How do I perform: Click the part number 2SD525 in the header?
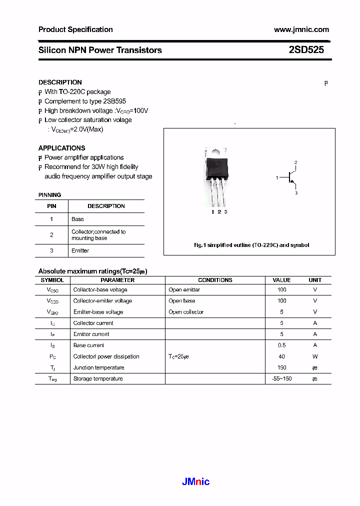(x=306, y=50)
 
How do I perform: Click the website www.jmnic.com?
(x=301, y=29)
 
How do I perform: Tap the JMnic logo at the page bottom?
(x=195, y=482)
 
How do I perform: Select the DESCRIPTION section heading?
(x=60, y=82)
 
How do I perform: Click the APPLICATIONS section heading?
(x=61, y=148)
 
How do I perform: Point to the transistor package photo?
(x=216, y=176)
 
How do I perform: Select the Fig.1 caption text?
(x=251, y=245)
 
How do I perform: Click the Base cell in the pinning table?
(x=78, y=219)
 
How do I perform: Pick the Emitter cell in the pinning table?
(x=80, y=250)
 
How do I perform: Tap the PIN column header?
(x=51, y=206)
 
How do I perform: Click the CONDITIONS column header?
(x=215, y=280)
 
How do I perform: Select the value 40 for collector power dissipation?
(x=281, y=356)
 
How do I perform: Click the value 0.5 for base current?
(x=281, y=345)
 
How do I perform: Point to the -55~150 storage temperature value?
(x=281, y=378)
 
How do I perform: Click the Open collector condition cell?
(x=186, y=312)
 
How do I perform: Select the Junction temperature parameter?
(x=98, y=367)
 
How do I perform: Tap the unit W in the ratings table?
(x=315, y=356)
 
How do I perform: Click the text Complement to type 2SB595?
(x=85, y=101)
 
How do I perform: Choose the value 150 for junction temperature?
(x=281, y=367)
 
